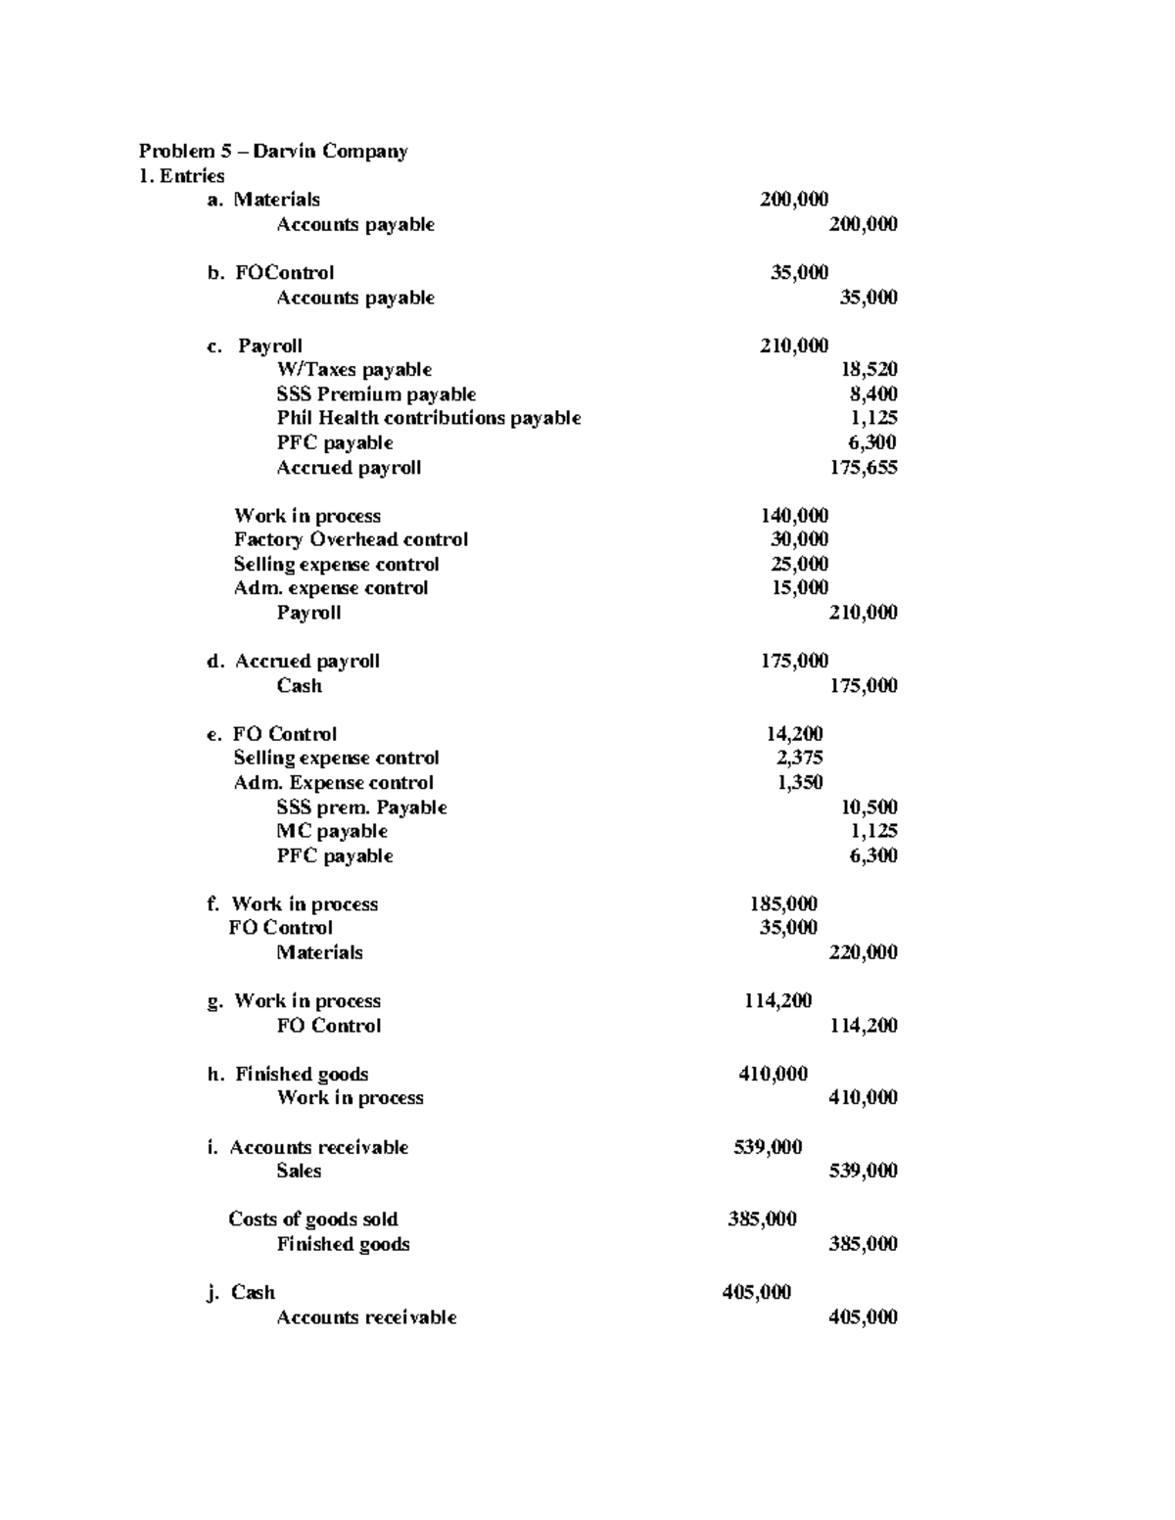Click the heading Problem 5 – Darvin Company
tap(273, 151)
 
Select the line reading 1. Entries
tap(182, 176)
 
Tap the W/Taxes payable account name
tap(353, 370)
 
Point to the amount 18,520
tap(869, 370)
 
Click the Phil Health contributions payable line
tap(428, 418)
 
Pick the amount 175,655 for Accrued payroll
tap(863, 467)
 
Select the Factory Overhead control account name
tap(351, 539)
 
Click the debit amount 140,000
tap(794, 516)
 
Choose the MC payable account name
tap(332, 831)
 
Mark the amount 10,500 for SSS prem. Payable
tap(869, 807)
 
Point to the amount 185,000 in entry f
tap(783, 904)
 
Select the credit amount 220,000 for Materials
tap(863, 952)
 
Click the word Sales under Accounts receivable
tap(299, 1171)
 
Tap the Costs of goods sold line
tap(313, 1220)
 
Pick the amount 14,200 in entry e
tap(794, 734)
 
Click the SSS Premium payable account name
tap(376, 394)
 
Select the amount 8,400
tap(873, 394)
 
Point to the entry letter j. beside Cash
tap(212, 1293)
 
